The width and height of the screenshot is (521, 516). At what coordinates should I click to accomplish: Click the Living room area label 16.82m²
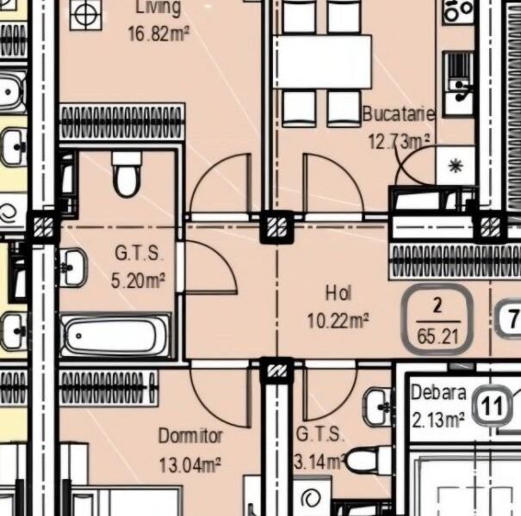[158, 34]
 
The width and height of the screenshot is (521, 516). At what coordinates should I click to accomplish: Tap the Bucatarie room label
[398, 114]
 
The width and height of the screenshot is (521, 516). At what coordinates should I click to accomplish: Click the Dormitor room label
[190, 436]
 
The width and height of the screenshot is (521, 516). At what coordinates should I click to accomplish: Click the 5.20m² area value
[140, 279]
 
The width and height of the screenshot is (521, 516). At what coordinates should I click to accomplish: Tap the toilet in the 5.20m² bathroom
[127, 175]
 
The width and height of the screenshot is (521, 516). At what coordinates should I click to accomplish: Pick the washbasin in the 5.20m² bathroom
[72, 267]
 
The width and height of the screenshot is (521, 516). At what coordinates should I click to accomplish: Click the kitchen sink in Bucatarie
[458, 73]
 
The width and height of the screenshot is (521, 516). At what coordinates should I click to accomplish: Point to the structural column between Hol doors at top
[276, 226]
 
